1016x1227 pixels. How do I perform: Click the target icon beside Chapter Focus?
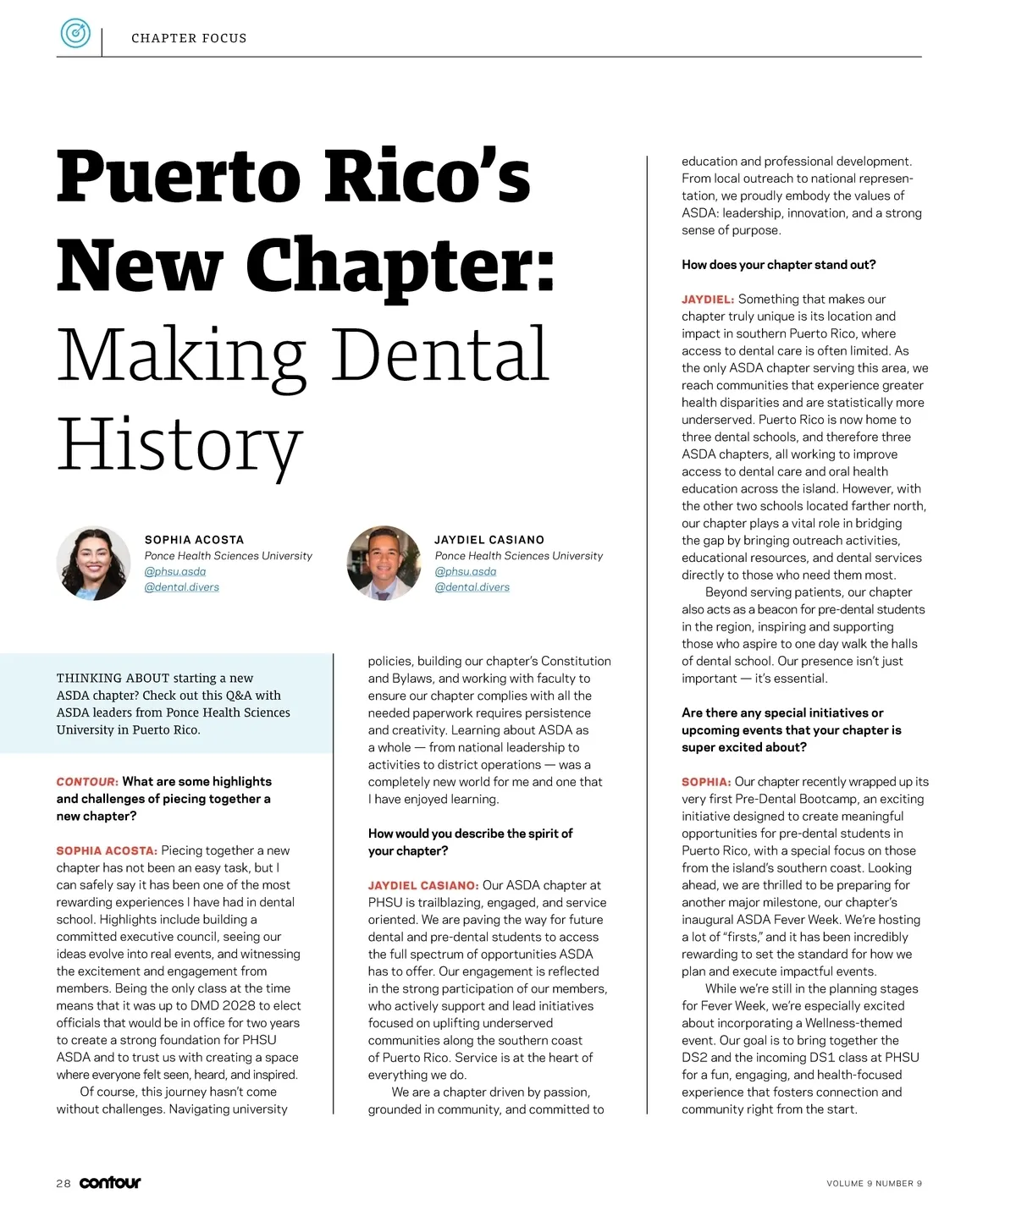pyautogui.click(x=75, y=34)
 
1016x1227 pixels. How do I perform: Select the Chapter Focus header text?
pyautogui.click(x=189, y=38)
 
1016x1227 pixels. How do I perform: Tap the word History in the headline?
pyautogui.click(x=179, y=443)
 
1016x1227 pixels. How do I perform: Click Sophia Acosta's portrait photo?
pyautogui.click(x=93, y=564)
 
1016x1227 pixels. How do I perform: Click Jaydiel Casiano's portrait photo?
pyautogui.click(x=384, y=564)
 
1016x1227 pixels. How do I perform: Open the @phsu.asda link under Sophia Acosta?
pyautogui.click(x=174, y=571)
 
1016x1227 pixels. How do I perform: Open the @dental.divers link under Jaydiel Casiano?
pyautogui.click(x=472, y=587)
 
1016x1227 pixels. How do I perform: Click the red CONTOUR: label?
pyautogui.click(x=87, y=782)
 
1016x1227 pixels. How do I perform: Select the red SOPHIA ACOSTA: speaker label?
pyautogui.click(x=107, y=851)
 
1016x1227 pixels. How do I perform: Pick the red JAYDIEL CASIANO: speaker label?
pyautogui.click(x=423, y=886)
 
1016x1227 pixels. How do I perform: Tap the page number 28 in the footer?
pyautogui.click(x=63, y=1184)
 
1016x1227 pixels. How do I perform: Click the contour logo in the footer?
pyautogui.click(x=110, y=1183)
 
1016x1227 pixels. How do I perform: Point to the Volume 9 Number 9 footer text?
pyautogui.click(x=874, y=1184)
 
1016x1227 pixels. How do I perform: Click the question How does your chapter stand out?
pyautogui.click(x=778, y=265)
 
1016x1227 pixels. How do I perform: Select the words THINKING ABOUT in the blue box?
pyautogui.click(x=113, y=678)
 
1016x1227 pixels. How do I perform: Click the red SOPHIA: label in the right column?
pyautogui.click(x=706, y=782)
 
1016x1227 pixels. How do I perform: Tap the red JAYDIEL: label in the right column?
pyautogui.click(x=708, y=300)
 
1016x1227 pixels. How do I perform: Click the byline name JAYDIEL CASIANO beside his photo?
pyautogui.click(x=489, y=540)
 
